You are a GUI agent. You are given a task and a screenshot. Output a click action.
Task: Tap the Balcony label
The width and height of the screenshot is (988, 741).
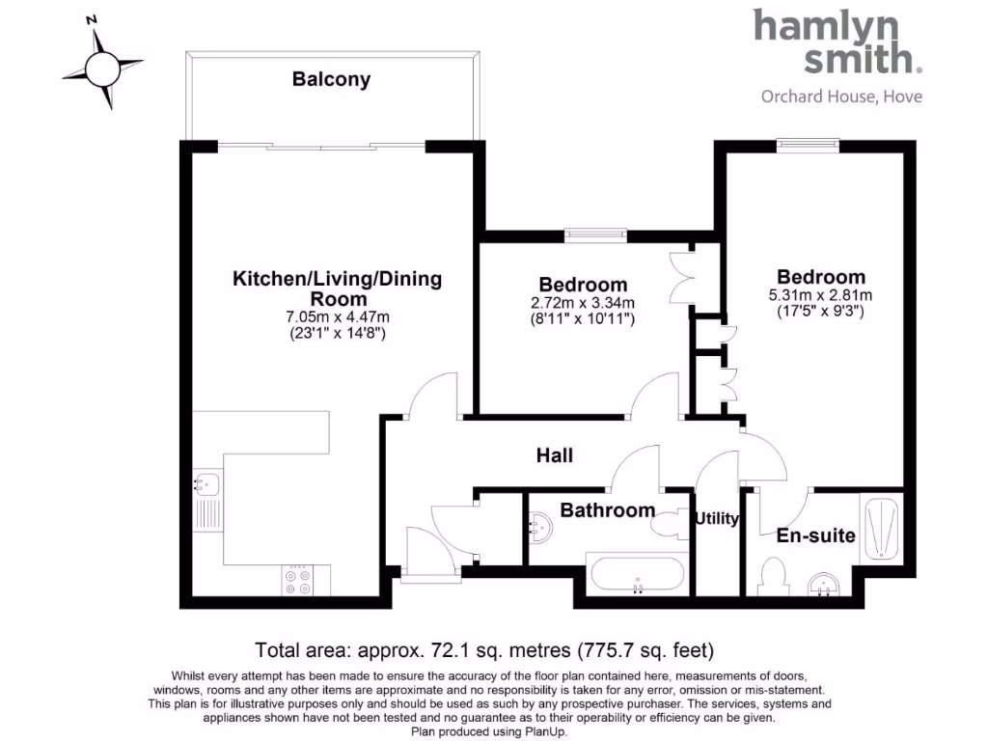pyautogui.click(x=331, y=80)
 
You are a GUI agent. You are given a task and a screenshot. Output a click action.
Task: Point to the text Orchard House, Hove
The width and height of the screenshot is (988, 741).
pyautogui.click(x=841, y=96)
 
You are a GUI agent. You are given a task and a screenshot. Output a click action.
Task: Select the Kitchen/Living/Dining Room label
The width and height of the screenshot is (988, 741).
pyautogui.click(x=337, y=288)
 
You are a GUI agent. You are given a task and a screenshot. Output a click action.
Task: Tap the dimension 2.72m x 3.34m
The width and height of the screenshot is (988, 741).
pyautogui.click(x=583, y=302)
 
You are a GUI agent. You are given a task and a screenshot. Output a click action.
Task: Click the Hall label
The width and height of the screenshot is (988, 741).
pyautogui.click(x=555, y=454)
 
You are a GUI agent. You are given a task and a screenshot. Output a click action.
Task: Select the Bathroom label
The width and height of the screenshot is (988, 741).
pyautogui.click(x=608, y=510)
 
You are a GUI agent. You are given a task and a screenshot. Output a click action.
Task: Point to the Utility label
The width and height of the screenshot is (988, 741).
pyautogui.click(x=717, y=519)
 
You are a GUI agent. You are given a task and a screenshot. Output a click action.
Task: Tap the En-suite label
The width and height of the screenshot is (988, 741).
pyautogui.click(x=816, y=535)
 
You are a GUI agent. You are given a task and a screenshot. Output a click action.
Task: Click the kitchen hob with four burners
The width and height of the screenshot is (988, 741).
pyautogui.click(x=296, y=579)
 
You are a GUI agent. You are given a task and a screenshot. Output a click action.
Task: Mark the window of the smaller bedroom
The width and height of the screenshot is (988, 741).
pyautogui.click(x=595, y=233)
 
